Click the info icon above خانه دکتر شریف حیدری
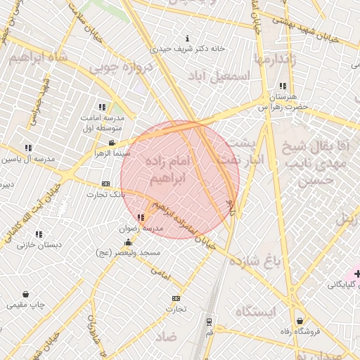[x=186, y=38]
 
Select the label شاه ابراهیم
[x=39, y=58]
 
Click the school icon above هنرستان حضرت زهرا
[x=283, y=86]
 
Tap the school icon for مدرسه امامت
[x=102, y=108]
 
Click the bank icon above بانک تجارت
[x=106, y=184]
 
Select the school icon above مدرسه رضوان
[x=141, y=218]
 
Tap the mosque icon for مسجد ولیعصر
[x=128, y=243]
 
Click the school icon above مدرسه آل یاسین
[x=28, y=148]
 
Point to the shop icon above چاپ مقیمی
[x=26, y=295]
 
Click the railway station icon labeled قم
[x=209, y=322]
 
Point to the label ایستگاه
[x=256, y=311]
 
